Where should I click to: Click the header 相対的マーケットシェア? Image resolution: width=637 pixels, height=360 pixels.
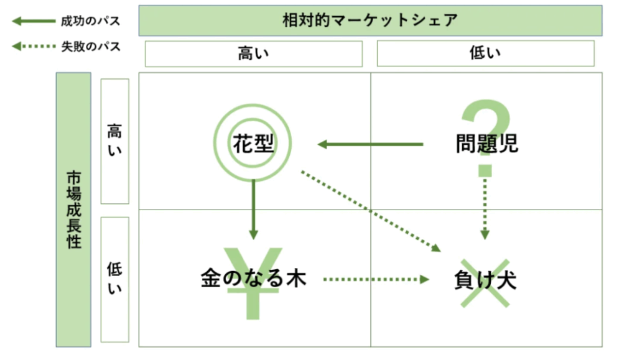[370, 21]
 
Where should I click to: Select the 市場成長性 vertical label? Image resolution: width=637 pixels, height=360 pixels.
[73, 210]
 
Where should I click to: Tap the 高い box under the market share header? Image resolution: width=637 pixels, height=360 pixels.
[254, 53]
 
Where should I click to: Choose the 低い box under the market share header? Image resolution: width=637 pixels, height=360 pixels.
[485, 53]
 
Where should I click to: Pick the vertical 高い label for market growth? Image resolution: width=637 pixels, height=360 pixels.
[115, 141]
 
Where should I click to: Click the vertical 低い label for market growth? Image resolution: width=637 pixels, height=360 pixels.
[115, 279]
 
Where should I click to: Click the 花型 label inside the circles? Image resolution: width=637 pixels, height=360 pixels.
[253, 144]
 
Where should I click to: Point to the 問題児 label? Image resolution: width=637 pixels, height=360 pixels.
[487, 144]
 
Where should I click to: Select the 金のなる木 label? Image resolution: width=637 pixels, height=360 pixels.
[253, 278]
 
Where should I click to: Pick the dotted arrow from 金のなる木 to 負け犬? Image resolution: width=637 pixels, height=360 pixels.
[376, 279]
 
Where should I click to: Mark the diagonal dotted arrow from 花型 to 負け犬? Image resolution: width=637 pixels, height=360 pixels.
[370, 211]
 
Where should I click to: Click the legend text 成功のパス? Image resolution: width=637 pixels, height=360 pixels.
[91, 22]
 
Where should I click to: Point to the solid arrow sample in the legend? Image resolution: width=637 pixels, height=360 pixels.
[34, 22]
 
